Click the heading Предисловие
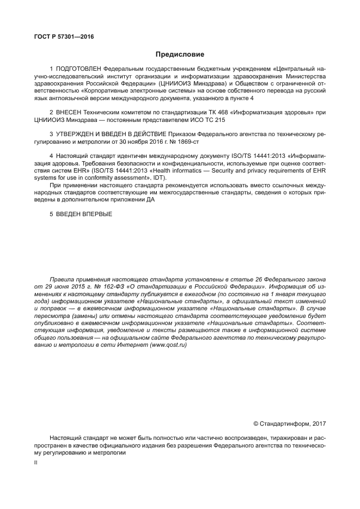[x=180, y=54]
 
